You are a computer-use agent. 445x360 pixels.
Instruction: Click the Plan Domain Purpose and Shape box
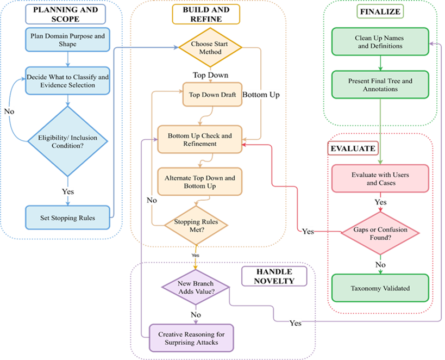pos(67,40)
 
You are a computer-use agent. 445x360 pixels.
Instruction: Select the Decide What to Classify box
pos(67,80)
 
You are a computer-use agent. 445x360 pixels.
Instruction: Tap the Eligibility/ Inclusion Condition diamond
pos(67,142)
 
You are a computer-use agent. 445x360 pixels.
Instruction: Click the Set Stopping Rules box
pos(67,218)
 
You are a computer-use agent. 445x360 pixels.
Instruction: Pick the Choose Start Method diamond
pos(210,48)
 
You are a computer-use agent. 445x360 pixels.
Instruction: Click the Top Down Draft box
pos(212,94)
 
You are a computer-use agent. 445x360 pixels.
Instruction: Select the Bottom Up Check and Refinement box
pos(199,139)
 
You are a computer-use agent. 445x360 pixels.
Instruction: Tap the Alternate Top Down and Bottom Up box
pos(199,182)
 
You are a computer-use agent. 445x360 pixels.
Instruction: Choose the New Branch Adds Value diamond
pos(196,287)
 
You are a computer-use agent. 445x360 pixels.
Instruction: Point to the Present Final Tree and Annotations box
pos(380,85)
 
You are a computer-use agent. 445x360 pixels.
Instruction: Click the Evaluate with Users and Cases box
pos(380,179)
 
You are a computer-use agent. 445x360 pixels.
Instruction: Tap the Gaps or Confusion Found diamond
pos(380,233)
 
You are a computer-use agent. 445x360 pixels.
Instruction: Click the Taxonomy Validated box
pos(380,289)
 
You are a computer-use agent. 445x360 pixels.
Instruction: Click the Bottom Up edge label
pos(261,95)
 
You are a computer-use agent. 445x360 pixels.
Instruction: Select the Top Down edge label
pos(210,75)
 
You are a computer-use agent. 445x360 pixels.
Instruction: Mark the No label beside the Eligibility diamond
pos(9,111)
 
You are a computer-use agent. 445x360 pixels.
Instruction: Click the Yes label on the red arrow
pos(308,232)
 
